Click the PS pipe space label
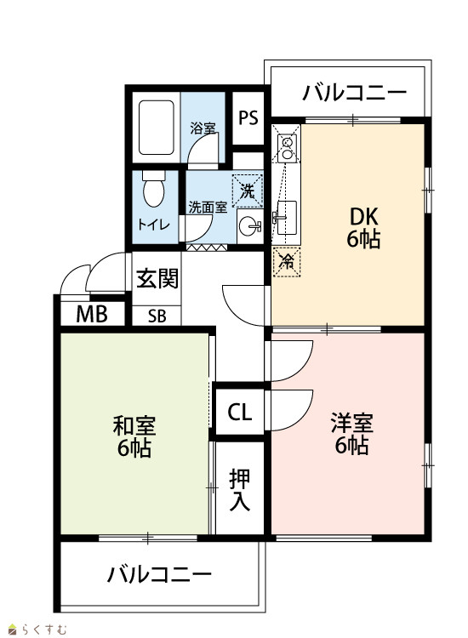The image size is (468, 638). click(248, 118)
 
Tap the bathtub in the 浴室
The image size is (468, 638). click(157, 128)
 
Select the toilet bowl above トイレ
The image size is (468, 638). click(153, 189)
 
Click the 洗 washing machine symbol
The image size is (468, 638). click(248, 191)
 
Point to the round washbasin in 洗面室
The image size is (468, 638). click(249, 226)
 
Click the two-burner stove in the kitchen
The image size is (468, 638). click(288, 148)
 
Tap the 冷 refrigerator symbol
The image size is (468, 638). click(287, 261)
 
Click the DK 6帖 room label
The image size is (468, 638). click(364, 228)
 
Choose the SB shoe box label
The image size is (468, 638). click(157, 316)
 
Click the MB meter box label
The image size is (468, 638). click(92, 314)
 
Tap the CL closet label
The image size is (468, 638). click(240, 413)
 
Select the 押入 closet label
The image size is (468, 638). click(240, 490)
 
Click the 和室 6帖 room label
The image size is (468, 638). click(134, 436)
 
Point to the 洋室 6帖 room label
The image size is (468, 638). click(351, 433)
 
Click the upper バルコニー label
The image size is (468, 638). click(354, 93)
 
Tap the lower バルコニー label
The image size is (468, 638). click(159, 574)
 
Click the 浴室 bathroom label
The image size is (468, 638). click(203, 129)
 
